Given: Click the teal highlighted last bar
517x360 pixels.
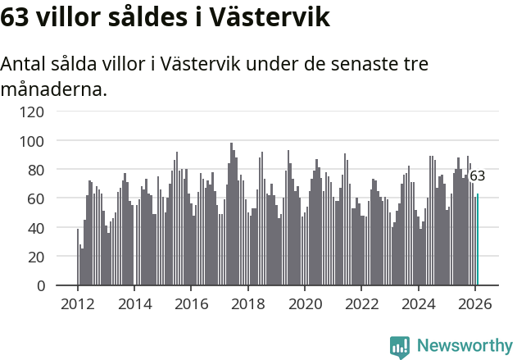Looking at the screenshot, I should click(x=478, y=240).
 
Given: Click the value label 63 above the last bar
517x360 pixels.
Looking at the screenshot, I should click(x=477, y=176).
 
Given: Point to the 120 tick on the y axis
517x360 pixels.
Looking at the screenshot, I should click(x=32, y=112).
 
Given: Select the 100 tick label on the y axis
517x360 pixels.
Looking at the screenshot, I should click(x=32, y=141).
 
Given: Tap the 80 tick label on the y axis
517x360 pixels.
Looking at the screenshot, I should click(x=36, y=170).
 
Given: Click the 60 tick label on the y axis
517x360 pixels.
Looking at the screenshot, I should click(x=36, y=198).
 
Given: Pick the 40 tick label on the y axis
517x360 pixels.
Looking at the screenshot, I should click(x=36, y=228).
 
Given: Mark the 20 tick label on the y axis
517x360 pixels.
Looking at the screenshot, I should click(x=36, y=257).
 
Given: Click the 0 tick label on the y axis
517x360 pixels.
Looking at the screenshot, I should click(x=40, y=285).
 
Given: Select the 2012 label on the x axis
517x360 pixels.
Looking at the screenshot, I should click(x=78, y=304).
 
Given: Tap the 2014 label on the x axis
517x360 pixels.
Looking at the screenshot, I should click(x=134, y=304).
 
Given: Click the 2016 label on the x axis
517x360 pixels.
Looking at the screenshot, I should click(x=191, y=304).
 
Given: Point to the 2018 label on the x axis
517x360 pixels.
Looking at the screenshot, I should click(x=247, y=304).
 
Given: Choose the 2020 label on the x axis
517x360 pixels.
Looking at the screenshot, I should click(x=304, y=304).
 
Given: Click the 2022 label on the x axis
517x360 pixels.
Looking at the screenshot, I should click(x=361, y=304).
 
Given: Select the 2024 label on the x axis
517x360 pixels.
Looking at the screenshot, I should click(x=417, y=304).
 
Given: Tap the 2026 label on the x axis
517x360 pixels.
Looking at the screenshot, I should click(x=474, y=304).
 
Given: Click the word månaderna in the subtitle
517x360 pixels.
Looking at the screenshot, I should click(x=54, y=89).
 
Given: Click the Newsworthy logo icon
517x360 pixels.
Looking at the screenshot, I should click(x=400, y=347).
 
